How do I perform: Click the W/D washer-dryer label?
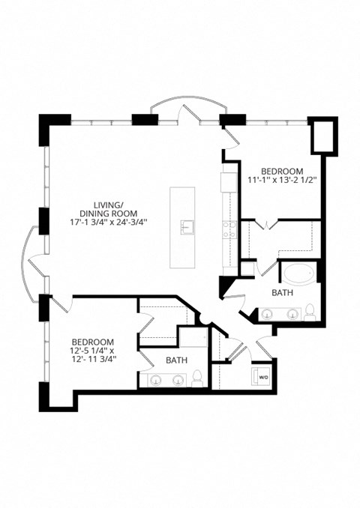pos(263,377)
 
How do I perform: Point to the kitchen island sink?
pos(185,226)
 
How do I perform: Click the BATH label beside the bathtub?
pos(282,293)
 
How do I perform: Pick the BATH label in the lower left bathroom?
pos(176,360)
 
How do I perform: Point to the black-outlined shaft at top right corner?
pos(323,135)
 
